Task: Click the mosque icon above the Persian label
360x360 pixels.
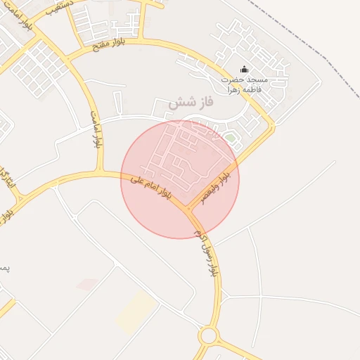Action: point(244,69)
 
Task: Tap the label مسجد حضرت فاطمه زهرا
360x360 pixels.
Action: point(243,84)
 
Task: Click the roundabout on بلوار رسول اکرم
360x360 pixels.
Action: point(208,335)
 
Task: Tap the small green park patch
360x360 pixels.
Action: point(230,137)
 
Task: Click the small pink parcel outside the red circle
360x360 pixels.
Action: point(87,284)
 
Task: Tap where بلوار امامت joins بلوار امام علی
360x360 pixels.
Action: point(103,173)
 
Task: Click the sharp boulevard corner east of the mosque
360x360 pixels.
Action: point(273,127)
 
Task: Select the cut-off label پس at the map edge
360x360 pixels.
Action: point(4,268)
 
